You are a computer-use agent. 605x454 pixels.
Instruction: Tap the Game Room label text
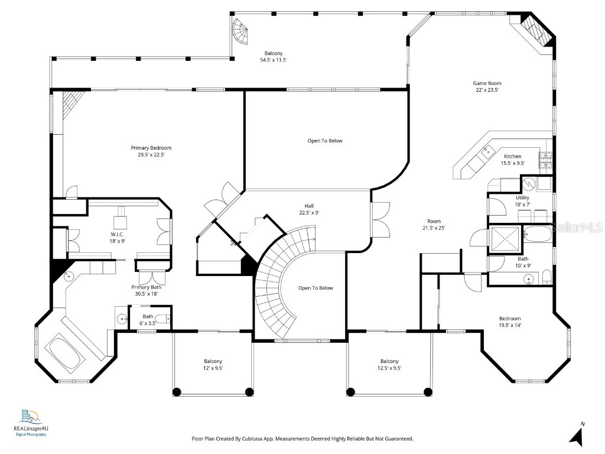[487, 83]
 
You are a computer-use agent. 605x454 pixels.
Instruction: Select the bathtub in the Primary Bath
[67, 352]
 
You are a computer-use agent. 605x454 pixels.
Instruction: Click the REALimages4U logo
[30, 422]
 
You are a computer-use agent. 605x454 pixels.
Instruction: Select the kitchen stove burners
[544, 158]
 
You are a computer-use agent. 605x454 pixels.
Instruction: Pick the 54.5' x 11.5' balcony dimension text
[274, 60]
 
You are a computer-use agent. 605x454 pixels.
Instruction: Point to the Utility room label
[522, 197]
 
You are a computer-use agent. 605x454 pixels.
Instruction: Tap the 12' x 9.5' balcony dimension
[213, 368]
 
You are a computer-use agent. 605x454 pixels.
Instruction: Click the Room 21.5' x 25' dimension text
[433, 228]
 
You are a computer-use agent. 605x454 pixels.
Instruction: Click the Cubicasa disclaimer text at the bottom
[302, 439]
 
